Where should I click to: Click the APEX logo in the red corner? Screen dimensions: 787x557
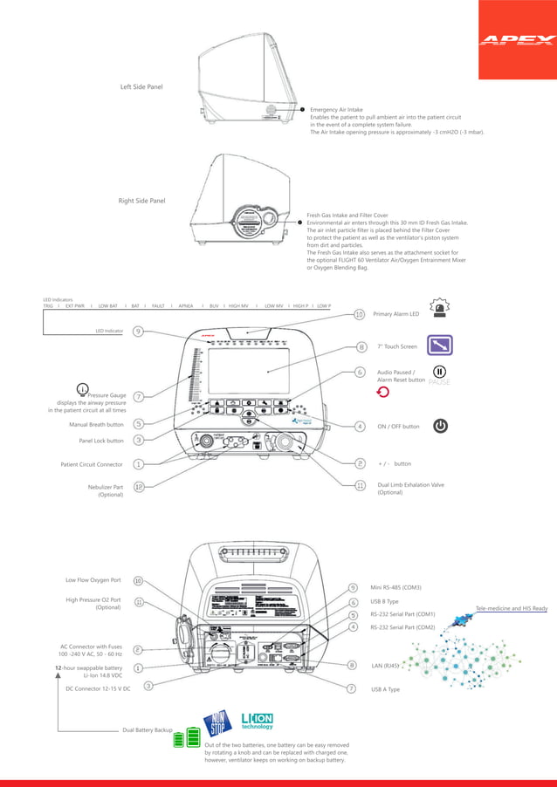(519, 40)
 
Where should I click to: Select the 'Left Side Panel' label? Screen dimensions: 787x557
(141, 87)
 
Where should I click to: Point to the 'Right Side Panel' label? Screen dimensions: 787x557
(141, 201)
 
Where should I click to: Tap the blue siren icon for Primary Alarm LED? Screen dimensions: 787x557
(439, 307)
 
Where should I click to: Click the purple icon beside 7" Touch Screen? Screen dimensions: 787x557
(439, 346)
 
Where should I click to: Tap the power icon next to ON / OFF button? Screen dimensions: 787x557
(441, 426)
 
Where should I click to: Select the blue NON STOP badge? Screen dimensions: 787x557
(217, 722)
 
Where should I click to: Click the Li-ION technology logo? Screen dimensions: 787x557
(257, 720)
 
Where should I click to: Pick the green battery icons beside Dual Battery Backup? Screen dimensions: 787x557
(186, 739)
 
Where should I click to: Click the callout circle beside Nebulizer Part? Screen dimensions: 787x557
(139, 487)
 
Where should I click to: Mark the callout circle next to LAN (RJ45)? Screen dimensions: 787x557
(352, 665)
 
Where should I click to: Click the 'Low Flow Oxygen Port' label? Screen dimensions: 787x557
(93, 579)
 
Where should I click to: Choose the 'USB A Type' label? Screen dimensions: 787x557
(385, 688)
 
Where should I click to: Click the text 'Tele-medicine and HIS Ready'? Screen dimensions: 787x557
(511, 607)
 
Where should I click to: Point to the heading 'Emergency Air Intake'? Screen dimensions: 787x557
(336, 110)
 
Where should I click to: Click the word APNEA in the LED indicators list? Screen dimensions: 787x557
(186, 306)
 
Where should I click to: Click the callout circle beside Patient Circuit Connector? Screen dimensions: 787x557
(139, 464)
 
